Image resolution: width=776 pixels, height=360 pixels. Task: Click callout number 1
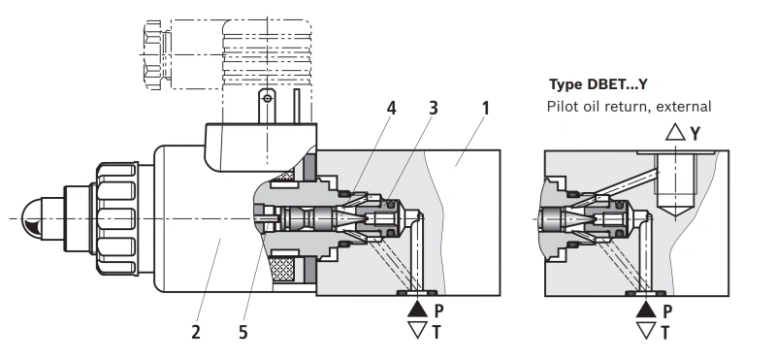coord(486,109)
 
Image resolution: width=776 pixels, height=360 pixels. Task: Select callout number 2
coord(196,332)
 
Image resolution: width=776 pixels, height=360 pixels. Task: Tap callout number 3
coord(434,109)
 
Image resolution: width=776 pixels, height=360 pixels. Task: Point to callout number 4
coord(391,109)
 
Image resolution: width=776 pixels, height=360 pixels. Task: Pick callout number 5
coord(242,332)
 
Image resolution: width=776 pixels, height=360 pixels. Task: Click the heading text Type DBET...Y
coord(598,84)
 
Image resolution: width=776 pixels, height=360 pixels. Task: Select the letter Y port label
coord(695,133)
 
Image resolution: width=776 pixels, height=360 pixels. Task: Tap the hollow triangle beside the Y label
coord(675,132)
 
